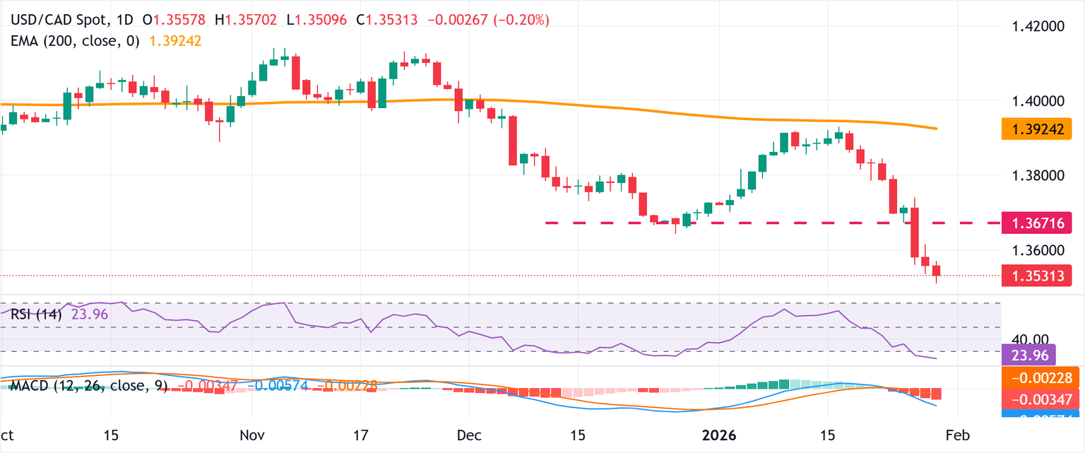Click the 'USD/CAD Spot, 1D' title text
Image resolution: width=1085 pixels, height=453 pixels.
click(x=67, y=20)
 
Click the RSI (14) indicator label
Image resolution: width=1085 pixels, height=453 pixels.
click(x=35, y=314)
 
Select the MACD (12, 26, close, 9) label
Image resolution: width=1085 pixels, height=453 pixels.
click(x=88, y=386)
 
